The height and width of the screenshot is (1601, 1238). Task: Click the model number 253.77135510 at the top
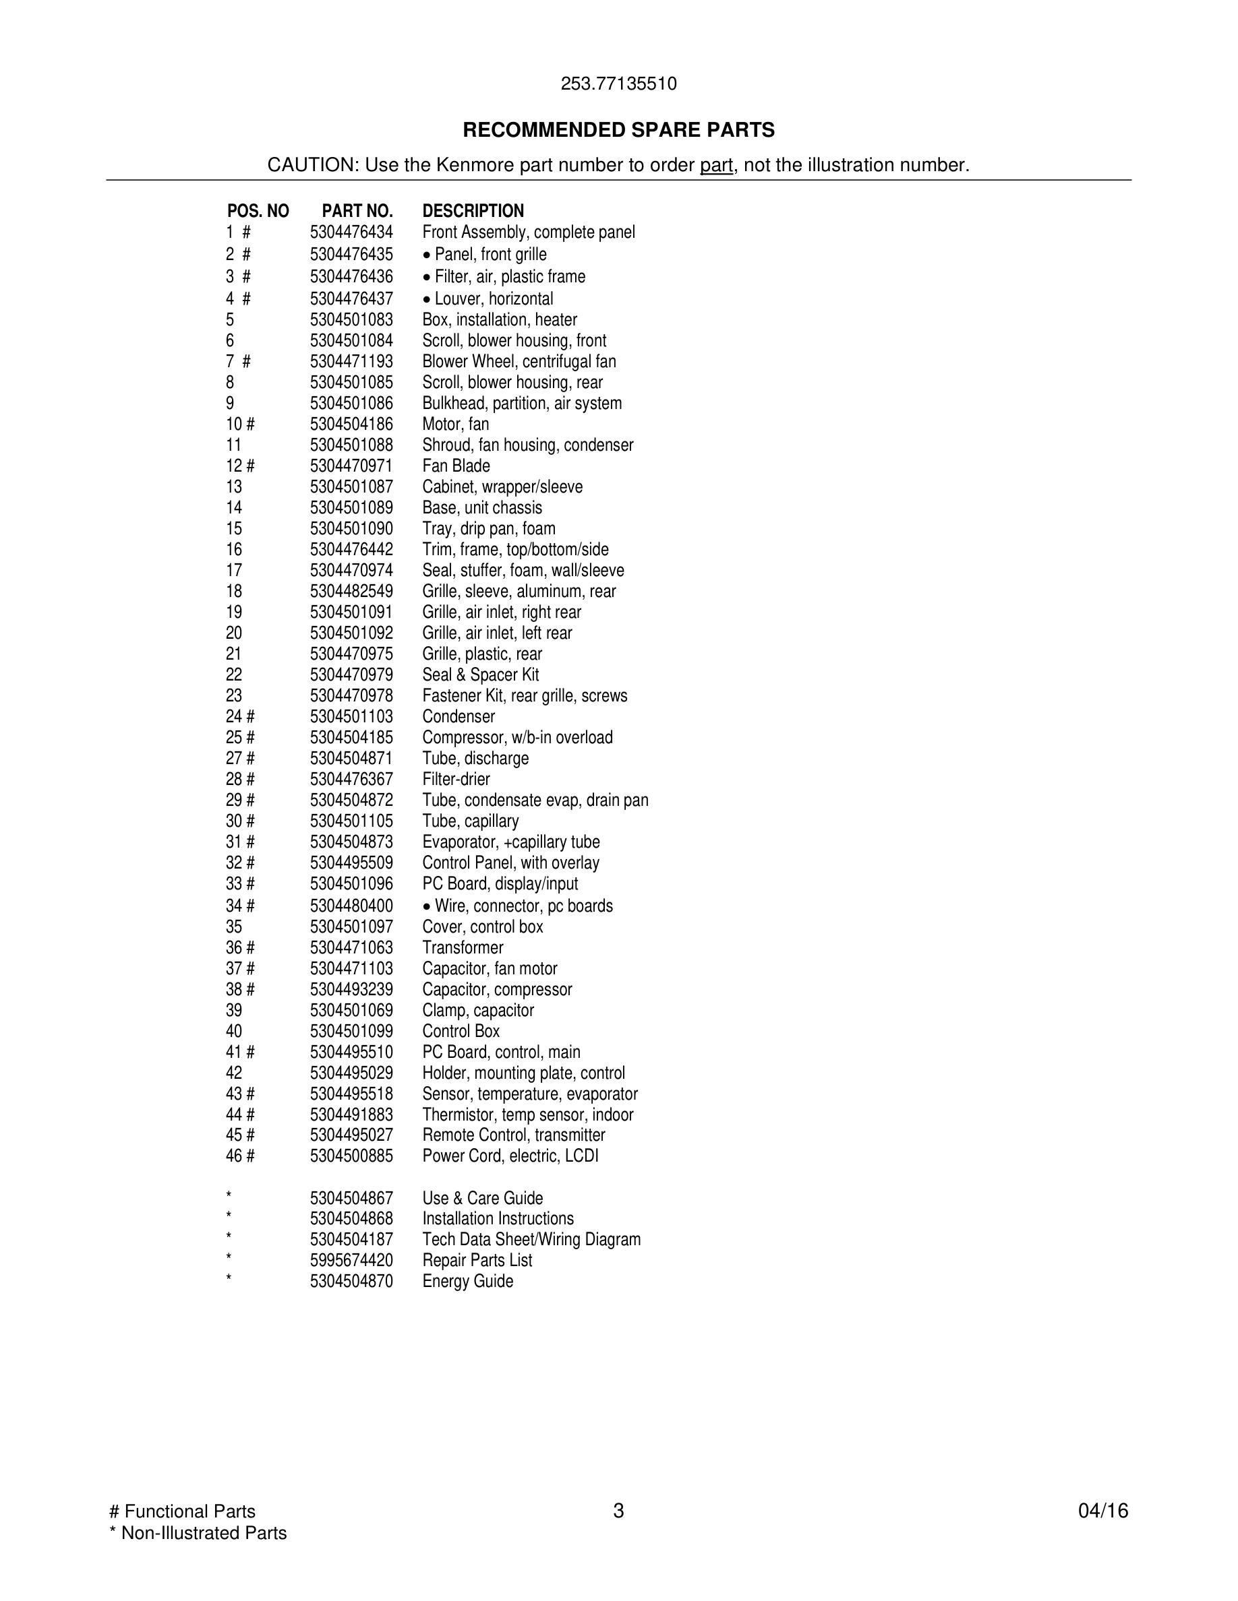coord(618,84)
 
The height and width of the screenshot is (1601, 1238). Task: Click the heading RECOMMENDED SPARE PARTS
coord(618,130)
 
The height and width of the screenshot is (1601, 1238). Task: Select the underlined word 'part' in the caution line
coord(716,165)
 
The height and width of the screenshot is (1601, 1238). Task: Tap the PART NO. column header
coord(357,211)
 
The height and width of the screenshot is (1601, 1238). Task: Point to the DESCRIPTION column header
coord(473,211)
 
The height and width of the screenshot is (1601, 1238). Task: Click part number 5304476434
coord(351,232)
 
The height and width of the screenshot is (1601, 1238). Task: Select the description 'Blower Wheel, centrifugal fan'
coord(519,361)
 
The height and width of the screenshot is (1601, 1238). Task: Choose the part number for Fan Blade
coord(351,466)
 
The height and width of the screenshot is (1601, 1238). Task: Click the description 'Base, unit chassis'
coord(482,508)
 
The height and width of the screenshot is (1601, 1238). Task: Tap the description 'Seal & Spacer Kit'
coord(480,675)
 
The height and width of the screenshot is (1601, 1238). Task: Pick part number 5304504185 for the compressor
coord(351,737)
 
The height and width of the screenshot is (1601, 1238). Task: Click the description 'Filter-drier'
coord(455,779)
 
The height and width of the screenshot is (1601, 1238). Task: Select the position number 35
coord(234,927)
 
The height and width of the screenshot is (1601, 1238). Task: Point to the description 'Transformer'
coord(463,948)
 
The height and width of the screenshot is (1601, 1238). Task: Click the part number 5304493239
coord(351,990)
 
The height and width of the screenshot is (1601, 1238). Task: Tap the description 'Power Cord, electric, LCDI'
coord(510,1156)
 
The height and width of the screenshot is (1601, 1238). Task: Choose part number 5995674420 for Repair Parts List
coord(351,1260)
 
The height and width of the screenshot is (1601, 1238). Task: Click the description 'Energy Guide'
coord(467,1282)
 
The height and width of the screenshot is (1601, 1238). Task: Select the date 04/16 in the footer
coord(1103,1511)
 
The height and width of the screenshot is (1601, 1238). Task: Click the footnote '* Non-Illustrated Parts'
coord(198,1533)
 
